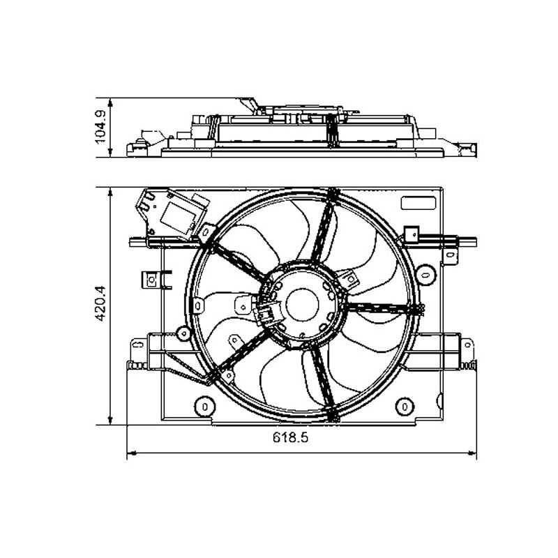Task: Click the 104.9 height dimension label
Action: pyautogui.click(x=100, y=127)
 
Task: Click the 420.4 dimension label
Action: pyautogui.click(x=100, y=303)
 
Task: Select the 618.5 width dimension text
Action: pyautogui.click(x=290, y=437)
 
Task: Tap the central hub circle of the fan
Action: pyautogui.click(x=302, y=305)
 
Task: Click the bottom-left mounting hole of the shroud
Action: pyautogui.click(x=205, y=407)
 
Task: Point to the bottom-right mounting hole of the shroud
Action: pyautogui.click(x=405, y=407)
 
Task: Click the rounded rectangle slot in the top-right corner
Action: pyautogui.click(x=418, y=203)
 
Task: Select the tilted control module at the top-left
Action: pyautogui.click(x=172, y=213)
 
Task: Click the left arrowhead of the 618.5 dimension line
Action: pyautogui.click(x=132, y=453)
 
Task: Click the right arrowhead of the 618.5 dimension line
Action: pyautogui.click(x=472, y=453)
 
